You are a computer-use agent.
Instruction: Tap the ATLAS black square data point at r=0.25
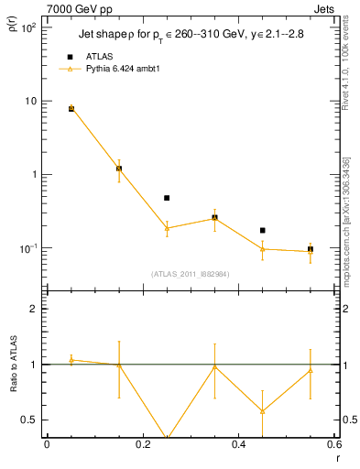click(167, 198)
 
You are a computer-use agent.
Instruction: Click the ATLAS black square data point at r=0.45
click(263, 231)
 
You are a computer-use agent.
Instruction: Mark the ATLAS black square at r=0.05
click(71, 108)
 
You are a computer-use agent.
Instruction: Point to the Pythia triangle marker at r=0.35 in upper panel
click(214, 218)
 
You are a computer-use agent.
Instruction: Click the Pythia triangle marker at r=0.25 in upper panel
click(167, 228)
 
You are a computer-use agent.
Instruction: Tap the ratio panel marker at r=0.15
click(119, 365)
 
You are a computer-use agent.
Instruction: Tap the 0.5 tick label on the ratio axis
click(28, 420)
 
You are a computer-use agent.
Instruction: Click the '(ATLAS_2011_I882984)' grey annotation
click(190, 273)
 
